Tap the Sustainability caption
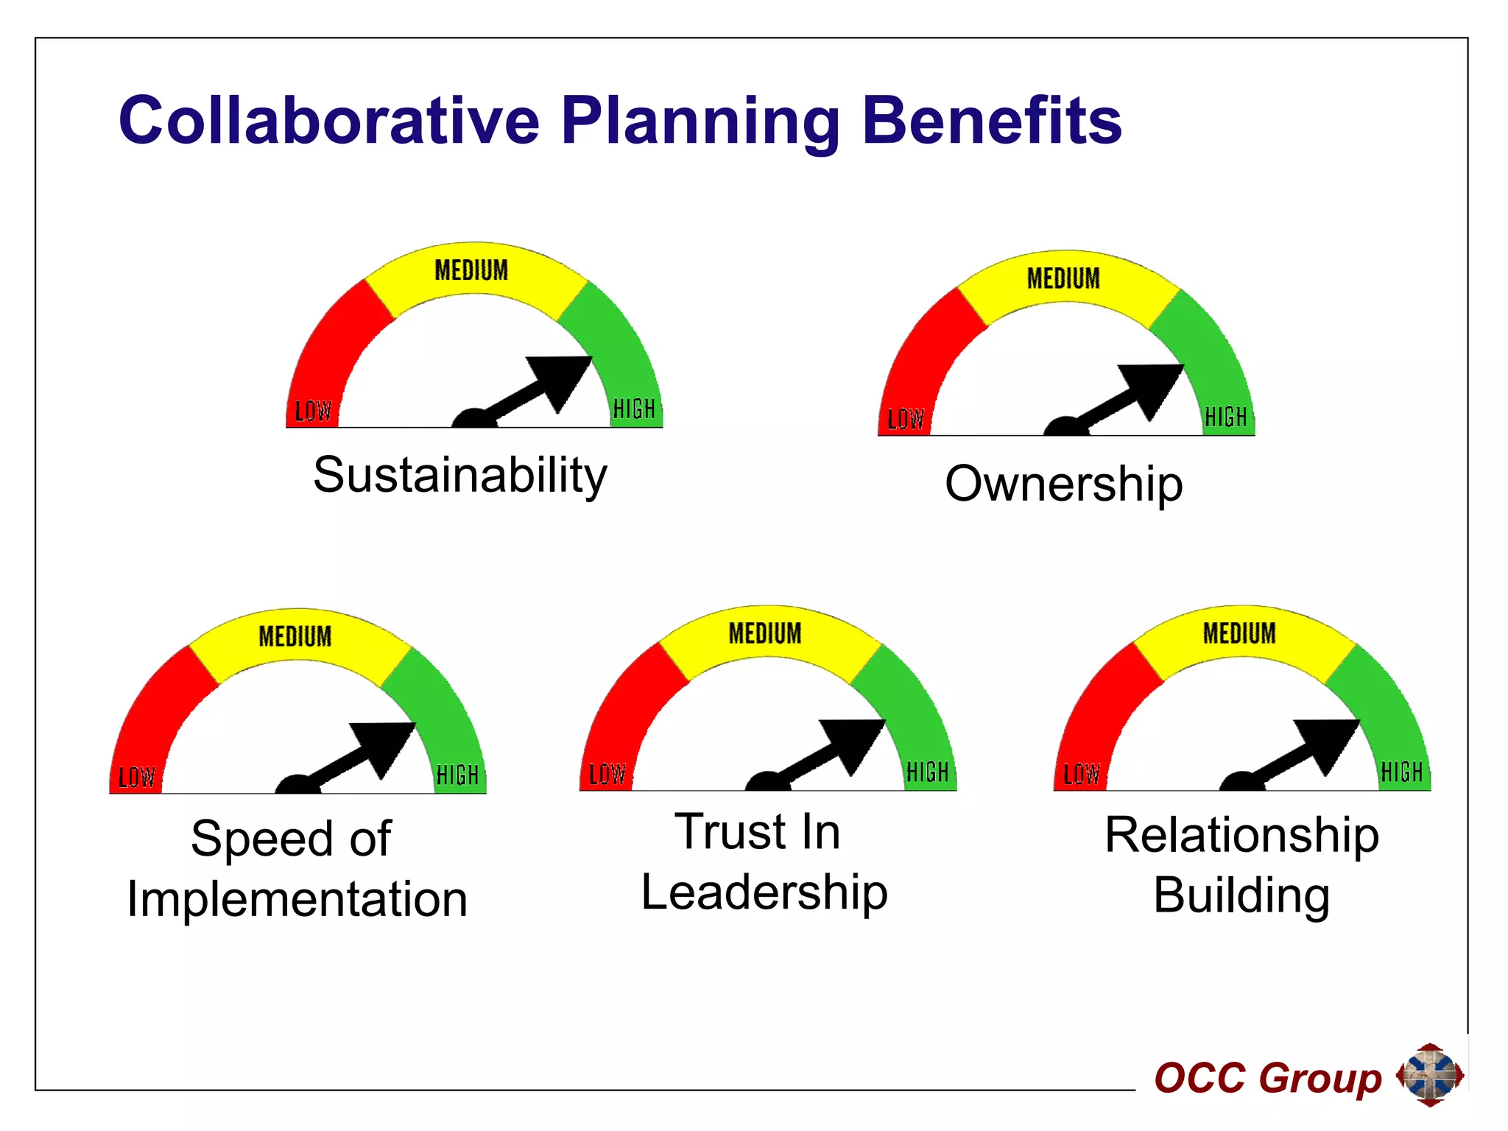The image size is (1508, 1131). point(460,475)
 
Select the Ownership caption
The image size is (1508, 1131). point(1064,484)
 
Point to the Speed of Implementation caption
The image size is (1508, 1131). point(297,869)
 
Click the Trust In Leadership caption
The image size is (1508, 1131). point(764,862)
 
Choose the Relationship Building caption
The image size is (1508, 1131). point(1241,864)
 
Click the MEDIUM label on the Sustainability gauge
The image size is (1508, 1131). point(471,270)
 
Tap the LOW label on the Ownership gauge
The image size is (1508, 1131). point(905,419)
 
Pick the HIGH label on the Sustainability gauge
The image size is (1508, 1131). point(634,409)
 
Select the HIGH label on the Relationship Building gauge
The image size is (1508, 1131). point(1402,772)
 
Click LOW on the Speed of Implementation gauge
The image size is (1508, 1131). point(136,778)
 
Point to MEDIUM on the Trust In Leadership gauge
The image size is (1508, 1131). point(765,633)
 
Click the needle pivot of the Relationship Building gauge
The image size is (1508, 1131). point(1242,783)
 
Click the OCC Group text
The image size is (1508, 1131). point(1267,1078)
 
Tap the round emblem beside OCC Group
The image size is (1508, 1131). point(1430,1075)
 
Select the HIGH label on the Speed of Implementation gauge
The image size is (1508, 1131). point(457,775)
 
